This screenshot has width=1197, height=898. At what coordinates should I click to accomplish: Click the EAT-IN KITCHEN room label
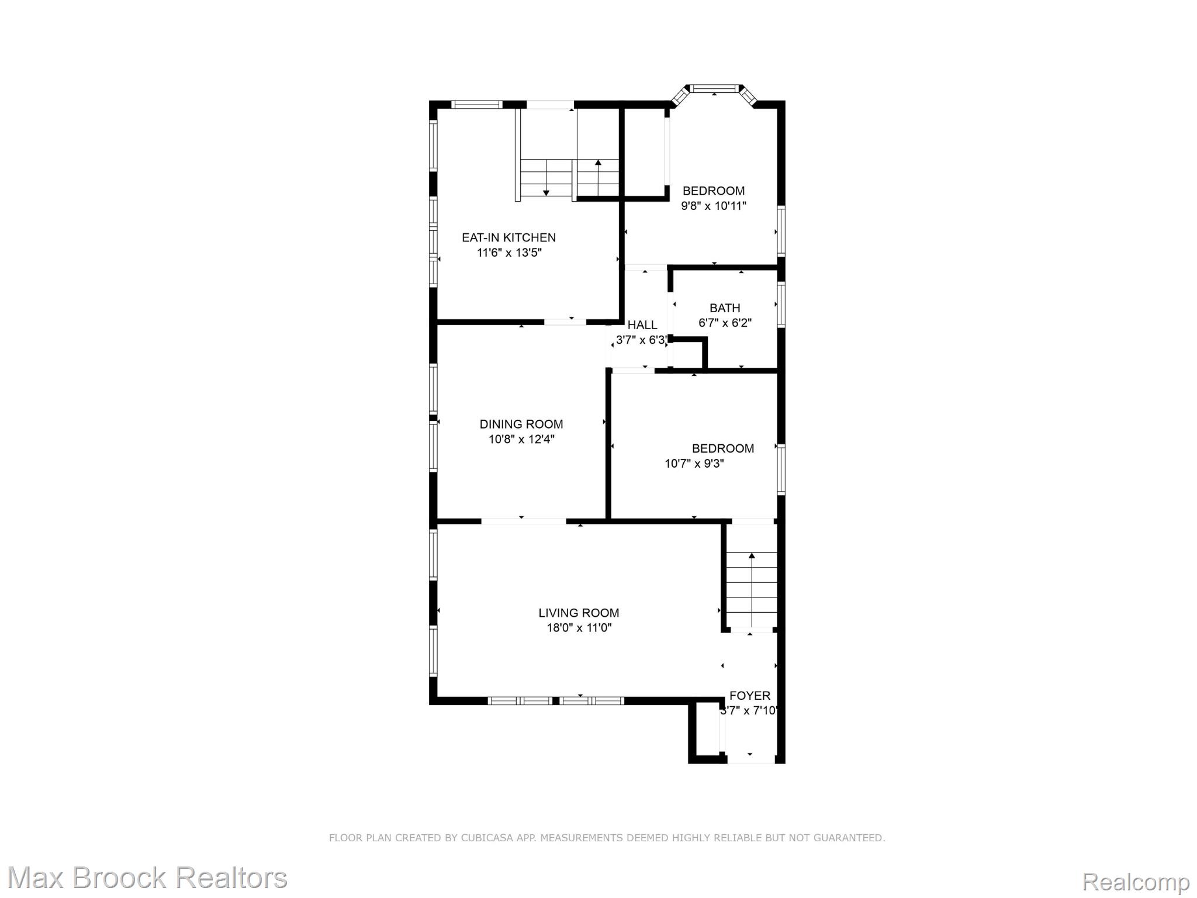coord(508,237)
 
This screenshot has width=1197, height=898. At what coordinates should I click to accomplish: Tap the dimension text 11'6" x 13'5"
coord(509,253)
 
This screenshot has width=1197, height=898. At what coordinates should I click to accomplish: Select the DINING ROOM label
coord(521,424)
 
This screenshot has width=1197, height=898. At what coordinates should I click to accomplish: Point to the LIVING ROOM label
coord(579,613)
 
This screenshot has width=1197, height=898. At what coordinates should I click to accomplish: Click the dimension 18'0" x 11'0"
coord(579,628)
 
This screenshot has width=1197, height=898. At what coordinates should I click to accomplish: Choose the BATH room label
coord(725,308)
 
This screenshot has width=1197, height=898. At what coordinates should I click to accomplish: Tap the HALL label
coord(642,324)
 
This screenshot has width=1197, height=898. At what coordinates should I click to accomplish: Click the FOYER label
coord(749,696)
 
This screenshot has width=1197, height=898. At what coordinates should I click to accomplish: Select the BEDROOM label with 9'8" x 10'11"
coord(713,191)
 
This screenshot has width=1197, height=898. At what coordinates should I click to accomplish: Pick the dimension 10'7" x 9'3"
coord(694,464)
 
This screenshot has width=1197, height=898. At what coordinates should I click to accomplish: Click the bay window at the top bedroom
coord(713,89)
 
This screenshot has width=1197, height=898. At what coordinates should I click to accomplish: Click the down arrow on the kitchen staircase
coord(546,192)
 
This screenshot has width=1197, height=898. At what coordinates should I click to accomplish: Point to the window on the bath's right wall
coord(781,305)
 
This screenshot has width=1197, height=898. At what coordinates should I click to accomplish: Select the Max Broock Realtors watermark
coord(147,878)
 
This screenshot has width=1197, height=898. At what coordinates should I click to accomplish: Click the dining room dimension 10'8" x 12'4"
coord(521,439)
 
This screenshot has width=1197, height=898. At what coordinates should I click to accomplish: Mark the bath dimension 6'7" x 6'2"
coord(725,323)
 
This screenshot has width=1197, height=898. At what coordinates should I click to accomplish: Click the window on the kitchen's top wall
coord(477,105)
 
